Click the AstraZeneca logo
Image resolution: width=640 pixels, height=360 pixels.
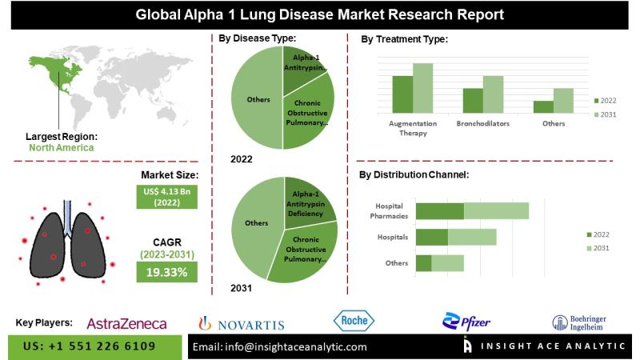pos(126,323)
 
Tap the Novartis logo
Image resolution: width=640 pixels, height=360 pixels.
pos(242,323)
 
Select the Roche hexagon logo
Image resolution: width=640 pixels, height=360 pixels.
pos(354,322)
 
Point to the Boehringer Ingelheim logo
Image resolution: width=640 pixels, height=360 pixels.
pos(579,322)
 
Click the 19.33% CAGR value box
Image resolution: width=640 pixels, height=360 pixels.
pos(166,272)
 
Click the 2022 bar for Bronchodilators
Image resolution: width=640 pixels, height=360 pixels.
pos(473,100)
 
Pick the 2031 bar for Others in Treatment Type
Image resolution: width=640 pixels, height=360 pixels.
pos(563,100)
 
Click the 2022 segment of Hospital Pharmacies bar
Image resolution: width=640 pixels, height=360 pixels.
pos(440,210)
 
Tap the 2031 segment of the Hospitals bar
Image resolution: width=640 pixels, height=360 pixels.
pos(472,237)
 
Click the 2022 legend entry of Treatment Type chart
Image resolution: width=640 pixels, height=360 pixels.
pos(605,101)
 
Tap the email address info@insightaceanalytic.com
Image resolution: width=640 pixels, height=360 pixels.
pos(280,346)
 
